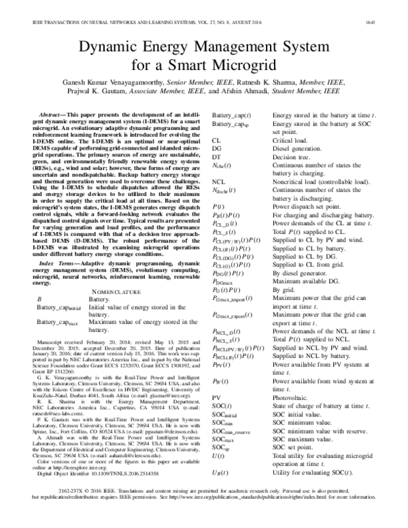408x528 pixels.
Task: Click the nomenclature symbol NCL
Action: tap(219, 182)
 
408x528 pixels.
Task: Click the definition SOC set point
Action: tap(293, 450)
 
